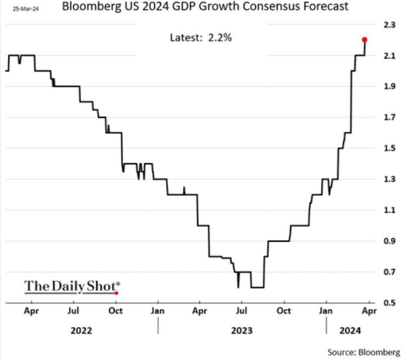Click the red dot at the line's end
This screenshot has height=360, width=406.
(x=365, y=40)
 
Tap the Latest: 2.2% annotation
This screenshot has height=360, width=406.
(x=201, y=38)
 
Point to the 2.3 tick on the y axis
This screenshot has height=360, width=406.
(x=389, y=25)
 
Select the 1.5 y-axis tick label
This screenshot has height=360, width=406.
(x=389, y=148)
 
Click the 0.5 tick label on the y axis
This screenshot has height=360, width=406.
(x=389, y=303)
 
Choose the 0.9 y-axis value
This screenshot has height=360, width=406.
(x=389, y=241)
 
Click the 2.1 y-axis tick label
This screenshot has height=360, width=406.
(x=389, y=56)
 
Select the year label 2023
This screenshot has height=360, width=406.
(x=242, y=331)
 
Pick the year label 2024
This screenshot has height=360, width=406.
(x=349, y=331)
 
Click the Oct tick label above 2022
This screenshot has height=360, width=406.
(x=116, y=310)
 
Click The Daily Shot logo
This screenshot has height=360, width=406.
(x=72, y=286)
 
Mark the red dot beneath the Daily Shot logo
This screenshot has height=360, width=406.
(x=116, y=293)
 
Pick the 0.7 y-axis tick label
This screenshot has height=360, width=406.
(x=389, y=272)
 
